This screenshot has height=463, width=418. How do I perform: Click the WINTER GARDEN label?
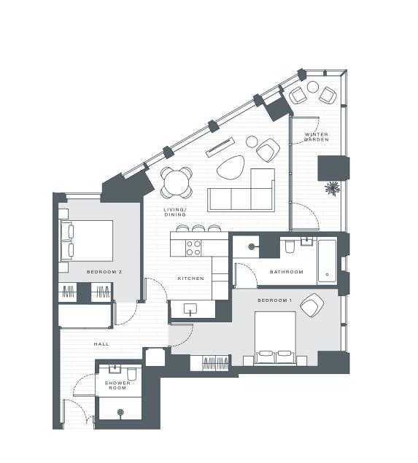(316, 136)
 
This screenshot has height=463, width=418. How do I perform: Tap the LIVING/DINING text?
(175, 212)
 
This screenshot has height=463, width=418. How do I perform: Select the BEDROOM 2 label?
(104, 272)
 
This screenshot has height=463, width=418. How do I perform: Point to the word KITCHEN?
(191, 279)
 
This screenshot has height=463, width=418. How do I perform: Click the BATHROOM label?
(286, 272)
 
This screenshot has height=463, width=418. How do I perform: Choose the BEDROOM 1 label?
(274, 300)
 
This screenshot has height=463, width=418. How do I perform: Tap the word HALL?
(101, 343)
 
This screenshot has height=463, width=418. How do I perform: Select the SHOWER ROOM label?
(117, 384)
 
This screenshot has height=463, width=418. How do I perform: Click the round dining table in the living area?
(177, 182)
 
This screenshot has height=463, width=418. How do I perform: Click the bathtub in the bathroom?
(327, 261)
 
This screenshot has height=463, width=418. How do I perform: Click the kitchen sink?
(191, 309)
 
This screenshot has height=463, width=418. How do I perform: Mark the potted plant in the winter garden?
(332, 188)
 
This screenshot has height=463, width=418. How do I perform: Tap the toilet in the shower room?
(132, 373)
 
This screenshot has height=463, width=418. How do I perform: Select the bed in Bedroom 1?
(274, 338)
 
